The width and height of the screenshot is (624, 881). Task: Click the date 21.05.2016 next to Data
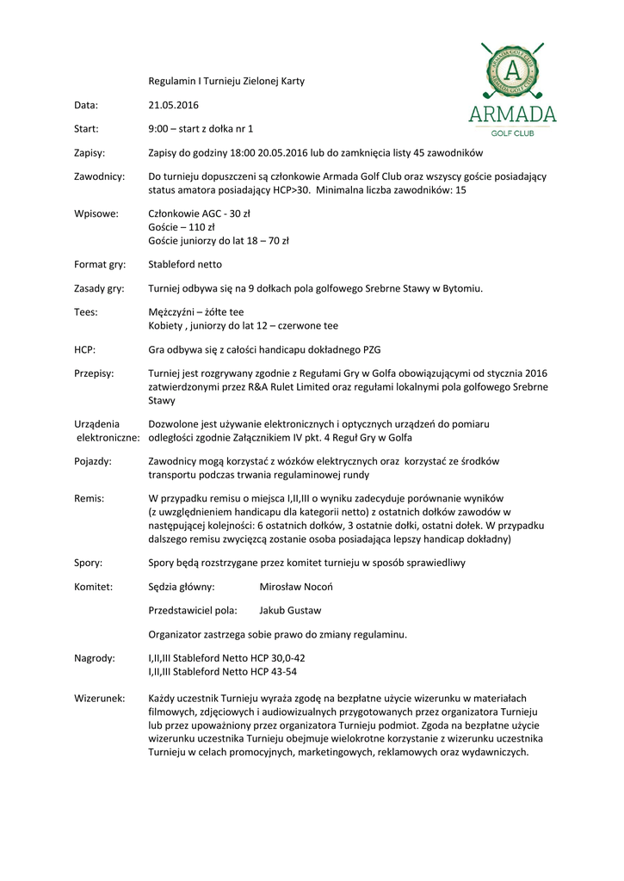[173, 105]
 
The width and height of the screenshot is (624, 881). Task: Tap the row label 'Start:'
[86, 129]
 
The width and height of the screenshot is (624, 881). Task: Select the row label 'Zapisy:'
[90, 152]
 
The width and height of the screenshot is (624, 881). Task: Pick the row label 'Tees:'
[86, 312]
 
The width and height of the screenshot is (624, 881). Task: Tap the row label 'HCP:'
[84, 349]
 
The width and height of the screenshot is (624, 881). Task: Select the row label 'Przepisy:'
[94, 373]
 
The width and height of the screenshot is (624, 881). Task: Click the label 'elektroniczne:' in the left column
[108, 437]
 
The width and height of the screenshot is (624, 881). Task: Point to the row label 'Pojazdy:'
[93, 461]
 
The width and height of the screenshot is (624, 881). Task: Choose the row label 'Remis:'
[89, 498]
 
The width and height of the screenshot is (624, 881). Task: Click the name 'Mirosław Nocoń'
[295, 587]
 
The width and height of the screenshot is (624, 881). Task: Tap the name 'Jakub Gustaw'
[290, 611]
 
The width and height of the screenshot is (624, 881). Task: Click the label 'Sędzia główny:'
[182, 587]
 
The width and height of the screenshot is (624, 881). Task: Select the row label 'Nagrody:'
[95, 658]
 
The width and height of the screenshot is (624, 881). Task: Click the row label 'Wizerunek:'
[100, 698]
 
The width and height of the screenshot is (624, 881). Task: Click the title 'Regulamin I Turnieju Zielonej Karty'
[226, 81]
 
